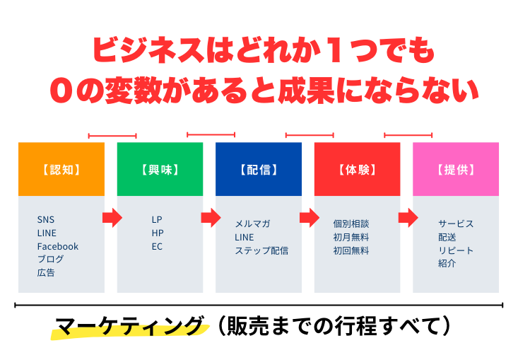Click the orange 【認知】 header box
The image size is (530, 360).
[x=61, y=169]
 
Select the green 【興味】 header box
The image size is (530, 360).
[x=160, y=169]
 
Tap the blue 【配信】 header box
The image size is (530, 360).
[x=259, y=169]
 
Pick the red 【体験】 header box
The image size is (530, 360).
[x=358, y=169]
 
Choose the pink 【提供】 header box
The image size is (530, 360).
[x=456, y=169]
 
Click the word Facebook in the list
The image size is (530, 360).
[x=58, y=246]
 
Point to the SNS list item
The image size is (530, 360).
[x=46, y=219]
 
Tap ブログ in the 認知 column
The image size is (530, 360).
[x=50, y=259]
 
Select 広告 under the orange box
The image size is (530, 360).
[x=46, y=273]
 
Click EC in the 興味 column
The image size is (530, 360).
[x=157, y=247]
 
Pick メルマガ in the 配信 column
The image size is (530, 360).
[x=252, y=223]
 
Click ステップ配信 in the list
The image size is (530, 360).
[x=261, y=250]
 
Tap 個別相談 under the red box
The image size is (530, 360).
[x=351, y=223]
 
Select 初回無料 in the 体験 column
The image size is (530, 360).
[x=351, y=250]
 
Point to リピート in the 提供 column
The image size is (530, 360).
[x=456, y=250]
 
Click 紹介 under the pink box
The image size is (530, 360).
[x=447, y=264]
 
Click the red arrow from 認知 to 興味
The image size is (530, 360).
[x=112, y=218]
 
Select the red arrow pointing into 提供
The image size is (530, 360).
[x=408, y=218]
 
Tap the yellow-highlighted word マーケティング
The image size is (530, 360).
[x=130, y=327]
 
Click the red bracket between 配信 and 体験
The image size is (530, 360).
[x=310, y=135]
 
